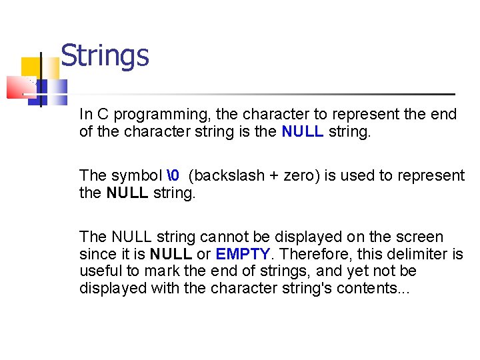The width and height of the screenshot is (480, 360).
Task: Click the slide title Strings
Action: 105,55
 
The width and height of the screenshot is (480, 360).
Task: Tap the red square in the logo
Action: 20,87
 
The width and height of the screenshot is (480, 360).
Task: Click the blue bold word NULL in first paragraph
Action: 302,131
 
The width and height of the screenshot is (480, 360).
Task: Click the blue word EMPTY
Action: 243,254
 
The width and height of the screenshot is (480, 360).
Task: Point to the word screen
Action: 420,237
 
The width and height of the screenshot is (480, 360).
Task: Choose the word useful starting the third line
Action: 97,271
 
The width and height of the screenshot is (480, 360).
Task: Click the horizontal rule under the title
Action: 267,94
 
